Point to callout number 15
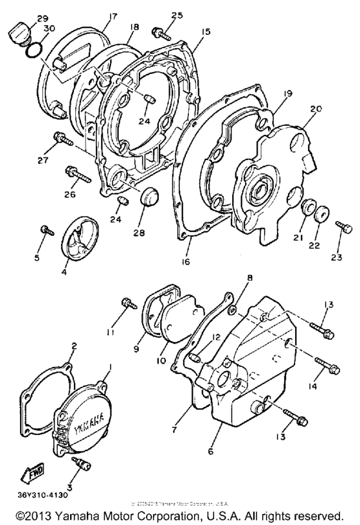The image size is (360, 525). click(x=206, y=31)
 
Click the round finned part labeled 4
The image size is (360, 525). click(x=83, y=242)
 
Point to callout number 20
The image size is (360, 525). click(x=314, y=109)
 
